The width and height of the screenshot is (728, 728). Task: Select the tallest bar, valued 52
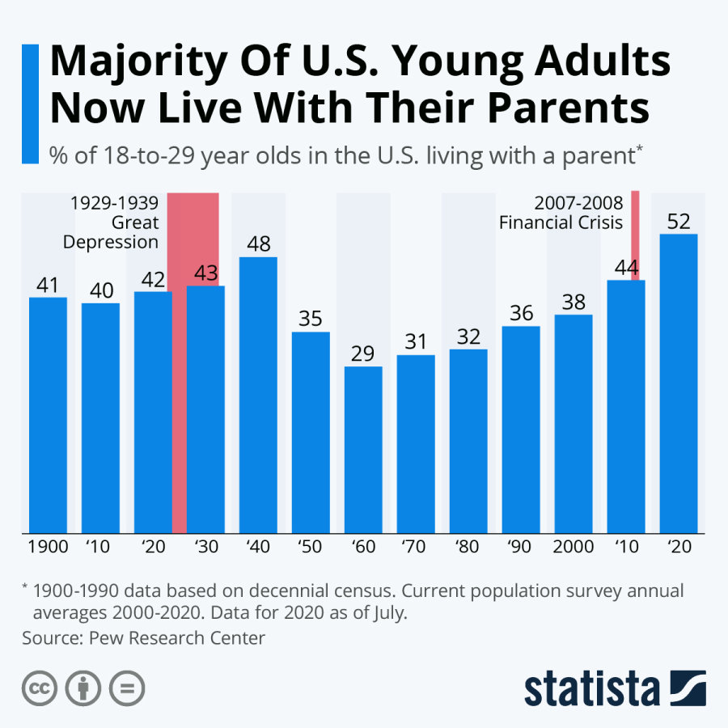(x=679, y=383)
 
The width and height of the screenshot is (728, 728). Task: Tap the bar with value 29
(x=363, y=450)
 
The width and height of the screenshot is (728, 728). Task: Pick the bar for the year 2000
(x=574, y=424)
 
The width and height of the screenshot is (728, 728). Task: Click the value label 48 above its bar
(x=258, y=243)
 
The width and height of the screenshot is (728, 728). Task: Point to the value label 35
(x=311, y=318)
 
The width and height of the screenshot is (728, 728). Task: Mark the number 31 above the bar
(x=416, y=341)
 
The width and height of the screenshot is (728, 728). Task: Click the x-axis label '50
(x=311, y=547)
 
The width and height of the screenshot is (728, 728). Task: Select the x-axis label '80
(x=468, y=547)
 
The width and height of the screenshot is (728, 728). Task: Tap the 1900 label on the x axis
(x=48, y=547)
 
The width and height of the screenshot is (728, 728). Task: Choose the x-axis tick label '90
(x=521, y=547)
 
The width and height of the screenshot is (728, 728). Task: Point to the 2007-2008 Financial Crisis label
(x=561, y=213)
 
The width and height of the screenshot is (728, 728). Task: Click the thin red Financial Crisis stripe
(x=635, y=235)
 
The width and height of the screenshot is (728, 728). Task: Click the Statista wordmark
(x=591, y=689)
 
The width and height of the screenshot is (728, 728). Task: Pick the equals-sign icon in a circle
(x=126, y=689)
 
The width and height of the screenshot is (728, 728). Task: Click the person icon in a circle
(x=83, y=689)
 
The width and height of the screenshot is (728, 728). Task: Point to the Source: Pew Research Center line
(x=144, y=638)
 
